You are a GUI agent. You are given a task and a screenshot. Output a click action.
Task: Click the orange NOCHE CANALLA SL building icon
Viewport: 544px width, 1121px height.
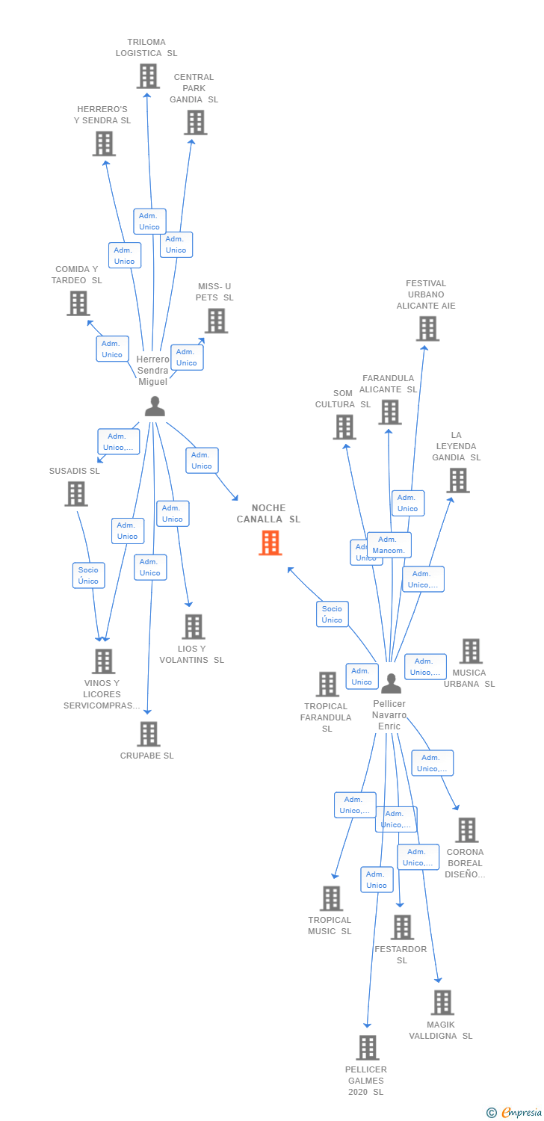pos(270,543)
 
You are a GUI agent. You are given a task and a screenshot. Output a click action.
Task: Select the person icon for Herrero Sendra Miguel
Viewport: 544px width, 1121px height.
pos(155,406)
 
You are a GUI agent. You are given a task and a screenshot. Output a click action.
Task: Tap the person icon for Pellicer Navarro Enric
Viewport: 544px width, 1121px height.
pos(391,682)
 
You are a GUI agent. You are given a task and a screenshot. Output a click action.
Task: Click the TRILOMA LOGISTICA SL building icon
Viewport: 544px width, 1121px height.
pos(148,76)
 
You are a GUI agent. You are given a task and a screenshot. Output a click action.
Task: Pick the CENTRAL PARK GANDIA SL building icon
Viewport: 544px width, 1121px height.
pos(195,123)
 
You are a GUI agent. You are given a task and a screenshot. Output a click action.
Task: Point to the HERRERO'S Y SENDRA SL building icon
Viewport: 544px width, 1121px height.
pos(104,143)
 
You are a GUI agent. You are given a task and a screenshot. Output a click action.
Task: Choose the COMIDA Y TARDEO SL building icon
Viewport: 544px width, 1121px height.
pos(78,303)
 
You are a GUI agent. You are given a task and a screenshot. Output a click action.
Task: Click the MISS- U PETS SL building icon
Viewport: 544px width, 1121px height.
pos(216,321)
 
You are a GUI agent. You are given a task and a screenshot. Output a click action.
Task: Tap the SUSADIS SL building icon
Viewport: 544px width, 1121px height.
pos(75,494)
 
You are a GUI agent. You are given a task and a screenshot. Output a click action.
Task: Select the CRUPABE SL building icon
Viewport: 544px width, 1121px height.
pos(148,734)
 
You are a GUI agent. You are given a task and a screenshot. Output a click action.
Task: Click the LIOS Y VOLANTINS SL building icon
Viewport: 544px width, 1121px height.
pos(193,626)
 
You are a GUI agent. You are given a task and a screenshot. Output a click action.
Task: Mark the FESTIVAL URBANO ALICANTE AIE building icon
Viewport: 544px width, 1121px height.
pos(427,328)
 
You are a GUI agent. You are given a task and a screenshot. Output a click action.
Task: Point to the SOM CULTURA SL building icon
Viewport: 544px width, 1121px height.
pos(344,427)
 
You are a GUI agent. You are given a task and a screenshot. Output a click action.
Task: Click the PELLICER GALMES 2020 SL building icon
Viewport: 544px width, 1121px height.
pos(367,1048)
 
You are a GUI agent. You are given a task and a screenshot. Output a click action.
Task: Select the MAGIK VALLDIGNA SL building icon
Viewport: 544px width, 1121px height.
pos(442,1002)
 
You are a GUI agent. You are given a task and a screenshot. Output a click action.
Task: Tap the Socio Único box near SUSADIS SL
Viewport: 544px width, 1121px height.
pos(88,575)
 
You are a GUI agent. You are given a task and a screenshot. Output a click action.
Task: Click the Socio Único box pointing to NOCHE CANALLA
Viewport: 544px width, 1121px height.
pos(332,614)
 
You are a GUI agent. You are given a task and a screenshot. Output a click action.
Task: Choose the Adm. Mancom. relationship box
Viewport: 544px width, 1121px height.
pos(389,545)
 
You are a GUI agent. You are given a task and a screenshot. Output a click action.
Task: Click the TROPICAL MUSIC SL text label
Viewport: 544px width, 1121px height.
pos(330,925)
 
